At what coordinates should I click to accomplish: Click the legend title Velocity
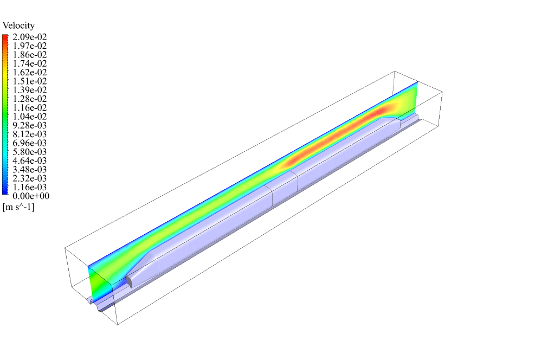click(18, 26)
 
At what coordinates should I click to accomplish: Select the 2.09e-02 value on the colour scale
click(30, 37)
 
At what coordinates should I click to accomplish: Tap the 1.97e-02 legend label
click(30, 46)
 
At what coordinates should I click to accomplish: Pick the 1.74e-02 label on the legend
click(30, 63)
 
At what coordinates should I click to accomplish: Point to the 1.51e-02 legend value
click(30, 81)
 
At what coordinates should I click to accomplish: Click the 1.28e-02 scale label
click(30, 99)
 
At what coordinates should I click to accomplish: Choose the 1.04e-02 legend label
click(30, 117)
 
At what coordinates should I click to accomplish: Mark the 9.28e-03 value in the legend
click(30, 125)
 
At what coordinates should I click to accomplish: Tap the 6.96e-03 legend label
click(30, 143)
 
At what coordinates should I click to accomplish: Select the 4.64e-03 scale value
click(30, 160)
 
